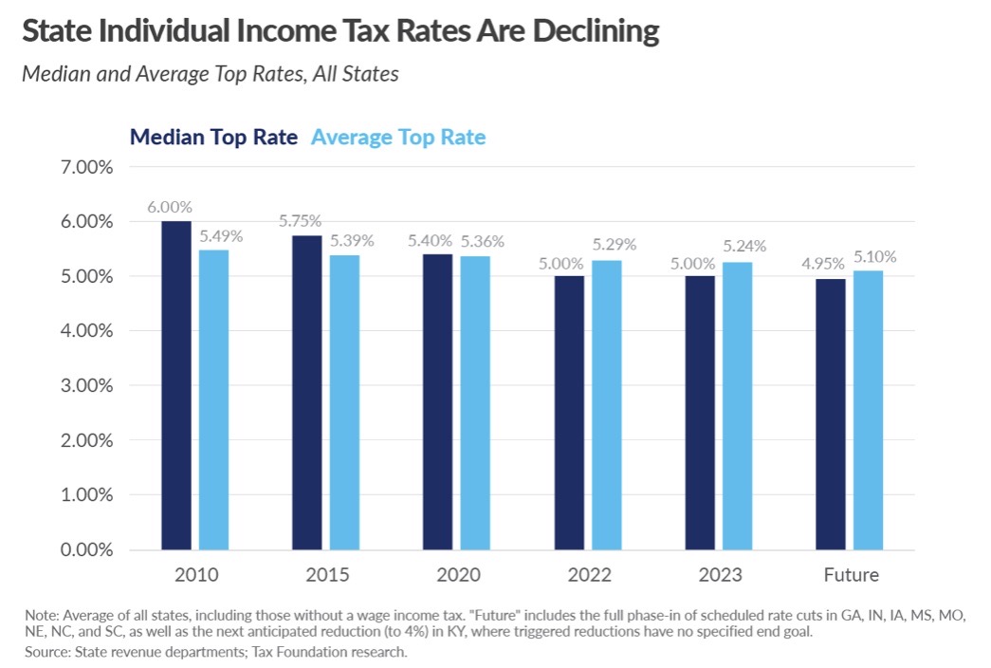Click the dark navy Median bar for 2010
click(176, 385)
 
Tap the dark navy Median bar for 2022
click(569, 413)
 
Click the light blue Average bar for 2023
click(737, 406)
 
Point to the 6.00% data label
click(170, 207)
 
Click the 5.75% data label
click(301, 221)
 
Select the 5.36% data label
click(481, 241)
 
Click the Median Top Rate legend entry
click(213, 138)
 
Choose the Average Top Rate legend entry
click(398, 138)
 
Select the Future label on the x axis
click(851, 575)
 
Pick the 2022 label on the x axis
click(589, 575)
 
